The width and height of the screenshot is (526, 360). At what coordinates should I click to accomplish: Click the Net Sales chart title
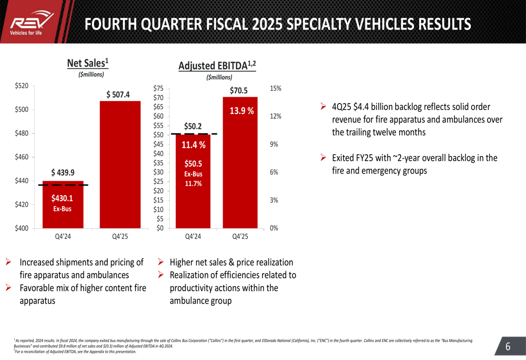(88, 63)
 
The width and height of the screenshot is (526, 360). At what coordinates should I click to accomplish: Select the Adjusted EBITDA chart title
(217, 66)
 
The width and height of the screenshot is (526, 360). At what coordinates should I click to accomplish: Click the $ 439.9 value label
(63, 172)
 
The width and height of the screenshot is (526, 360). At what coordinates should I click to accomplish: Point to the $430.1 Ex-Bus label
(62, 203)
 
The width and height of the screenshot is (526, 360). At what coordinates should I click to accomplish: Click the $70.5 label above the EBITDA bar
(239, 90)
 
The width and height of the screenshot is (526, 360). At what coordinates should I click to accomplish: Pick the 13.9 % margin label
(241, 111)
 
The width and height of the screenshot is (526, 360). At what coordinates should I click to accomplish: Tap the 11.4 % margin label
(193, 146)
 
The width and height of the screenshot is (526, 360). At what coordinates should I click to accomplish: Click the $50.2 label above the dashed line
(193, 126)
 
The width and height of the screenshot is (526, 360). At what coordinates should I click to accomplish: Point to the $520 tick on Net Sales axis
(21, 86)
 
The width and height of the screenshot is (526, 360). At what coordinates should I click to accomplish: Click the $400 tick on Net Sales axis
(21, 228)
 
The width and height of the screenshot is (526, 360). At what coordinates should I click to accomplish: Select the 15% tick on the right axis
(275, 88)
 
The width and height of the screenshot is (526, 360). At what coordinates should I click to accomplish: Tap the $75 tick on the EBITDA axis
(158, 89)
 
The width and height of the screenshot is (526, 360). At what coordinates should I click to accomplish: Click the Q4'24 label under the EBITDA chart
(193, 236)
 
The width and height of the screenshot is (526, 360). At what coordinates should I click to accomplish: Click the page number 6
(508, 346)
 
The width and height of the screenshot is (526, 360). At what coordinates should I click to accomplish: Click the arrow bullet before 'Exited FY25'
(323, 158)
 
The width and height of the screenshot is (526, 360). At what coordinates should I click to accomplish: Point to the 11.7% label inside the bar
(193, 183)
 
